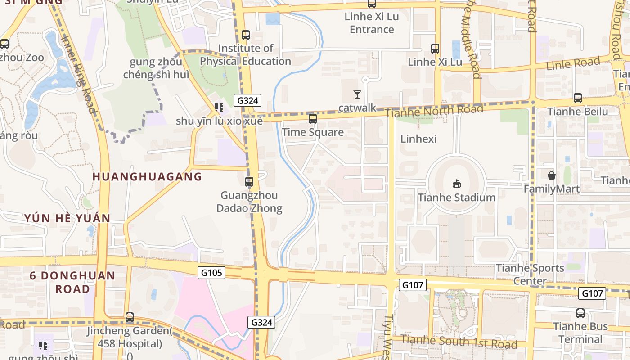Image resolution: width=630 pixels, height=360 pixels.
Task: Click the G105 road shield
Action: click(x=211, y=272)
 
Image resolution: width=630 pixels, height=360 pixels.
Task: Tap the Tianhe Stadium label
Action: click(x=456, y=198)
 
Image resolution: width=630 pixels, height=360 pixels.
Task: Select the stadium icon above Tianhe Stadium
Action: click(x=457, y=184)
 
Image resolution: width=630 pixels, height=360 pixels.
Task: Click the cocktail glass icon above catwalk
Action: click(x=357, y=94)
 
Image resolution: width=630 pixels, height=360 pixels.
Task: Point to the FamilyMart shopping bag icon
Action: click(x=551, y=175)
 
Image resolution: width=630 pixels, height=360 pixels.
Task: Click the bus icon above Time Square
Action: click(x=312, y=119)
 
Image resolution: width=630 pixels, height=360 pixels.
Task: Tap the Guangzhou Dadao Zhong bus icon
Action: click(x=249, y=182)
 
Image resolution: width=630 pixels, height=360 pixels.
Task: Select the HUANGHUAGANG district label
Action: click(x=147, y=176)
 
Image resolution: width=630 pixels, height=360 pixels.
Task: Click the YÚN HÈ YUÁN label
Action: click(x=67, y=218)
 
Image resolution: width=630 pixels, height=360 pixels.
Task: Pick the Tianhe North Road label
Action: click(x=434, y=110)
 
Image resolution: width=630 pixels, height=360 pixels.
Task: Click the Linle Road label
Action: click(x=573, y=63)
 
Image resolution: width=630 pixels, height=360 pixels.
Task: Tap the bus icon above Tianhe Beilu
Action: click(x=578, y=98)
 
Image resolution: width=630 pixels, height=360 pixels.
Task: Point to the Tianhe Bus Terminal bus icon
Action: click(x=580, y=313)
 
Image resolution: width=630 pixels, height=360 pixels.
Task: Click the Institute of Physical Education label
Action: click(x=246, y=54)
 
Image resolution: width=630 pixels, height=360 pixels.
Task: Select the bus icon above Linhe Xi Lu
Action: click(x=435, y=49)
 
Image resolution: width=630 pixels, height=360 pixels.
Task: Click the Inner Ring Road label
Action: click(x=79, y=74)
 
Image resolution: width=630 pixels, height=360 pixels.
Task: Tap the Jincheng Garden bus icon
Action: click(x=130, y=317)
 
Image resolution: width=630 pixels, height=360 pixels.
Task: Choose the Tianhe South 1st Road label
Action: click(x=459, y=342)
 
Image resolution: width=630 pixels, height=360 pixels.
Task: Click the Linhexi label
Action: click(x=418, y=139)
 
